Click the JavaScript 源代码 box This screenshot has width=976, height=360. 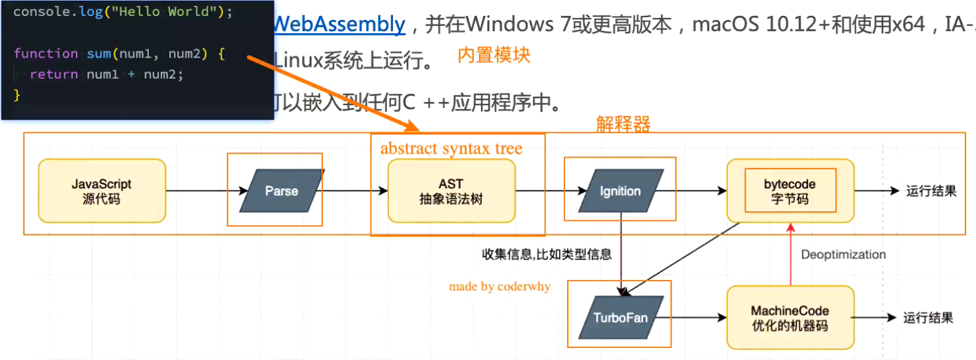tap(102, 191)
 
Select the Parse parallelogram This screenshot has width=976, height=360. tap(281, 191)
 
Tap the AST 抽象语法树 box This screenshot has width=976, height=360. tap(451, 191)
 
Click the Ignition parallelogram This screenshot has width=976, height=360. tap(620, 191)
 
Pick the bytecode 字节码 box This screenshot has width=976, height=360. tap(789, 191)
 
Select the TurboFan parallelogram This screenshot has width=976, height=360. tap(620, 318)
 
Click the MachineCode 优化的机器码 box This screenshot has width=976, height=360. tap(789, 318)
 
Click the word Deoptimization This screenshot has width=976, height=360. tap(843, 255)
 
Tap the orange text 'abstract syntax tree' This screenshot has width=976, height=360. tap(451, 148)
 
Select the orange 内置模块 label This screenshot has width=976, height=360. tap(494, 55)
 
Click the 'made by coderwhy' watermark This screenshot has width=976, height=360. tap(500, 287)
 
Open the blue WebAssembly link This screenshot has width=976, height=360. tap(339, 24)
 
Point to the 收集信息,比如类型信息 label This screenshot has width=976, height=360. tap(547, 254)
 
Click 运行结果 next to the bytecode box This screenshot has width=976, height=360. tap(932, 191)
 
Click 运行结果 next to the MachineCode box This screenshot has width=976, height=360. tap(928, 318)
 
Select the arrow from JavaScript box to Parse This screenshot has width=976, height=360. tap(197, 191)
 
